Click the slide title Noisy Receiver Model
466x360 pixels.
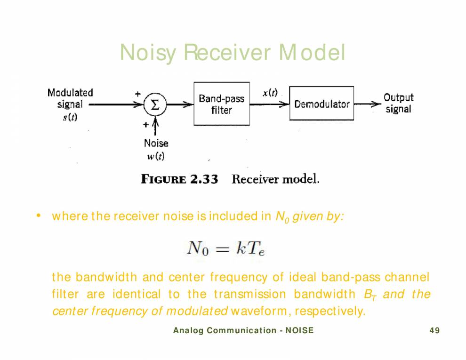coord(233,53)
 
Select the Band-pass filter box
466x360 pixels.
coord(221,104)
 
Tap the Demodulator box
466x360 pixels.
coord(321,104)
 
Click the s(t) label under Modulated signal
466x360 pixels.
coord(70,117)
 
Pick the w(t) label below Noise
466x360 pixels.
coord(156,156)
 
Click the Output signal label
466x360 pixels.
coord(398,103)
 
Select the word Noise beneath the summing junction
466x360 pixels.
coord(156,144)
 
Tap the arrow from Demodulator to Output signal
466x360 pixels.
coord(368,104)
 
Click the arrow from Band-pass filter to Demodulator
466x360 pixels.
coord(269,104)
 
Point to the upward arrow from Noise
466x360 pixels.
coord(156,127)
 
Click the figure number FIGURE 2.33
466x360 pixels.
coord(179,179)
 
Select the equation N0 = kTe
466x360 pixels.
coord(226,248)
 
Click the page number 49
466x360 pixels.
coord(434,331)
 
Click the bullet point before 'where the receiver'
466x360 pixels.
coord(39,216)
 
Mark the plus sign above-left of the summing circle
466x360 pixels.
coord(138,94)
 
